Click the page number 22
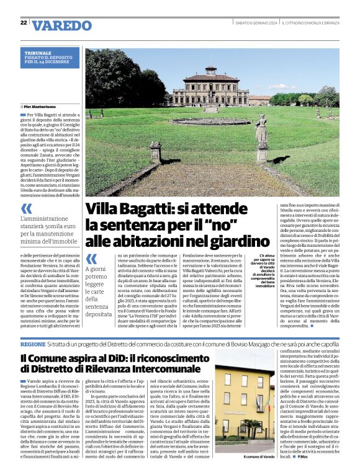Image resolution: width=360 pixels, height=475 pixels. (24, 24)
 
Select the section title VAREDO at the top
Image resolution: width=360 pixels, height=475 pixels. (61, 25)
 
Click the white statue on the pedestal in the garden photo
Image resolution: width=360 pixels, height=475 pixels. (261, 130)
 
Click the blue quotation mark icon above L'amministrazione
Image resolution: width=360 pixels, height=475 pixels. (27, 209)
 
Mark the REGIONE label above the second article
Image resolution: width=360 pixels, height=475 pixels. (32, 344)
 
